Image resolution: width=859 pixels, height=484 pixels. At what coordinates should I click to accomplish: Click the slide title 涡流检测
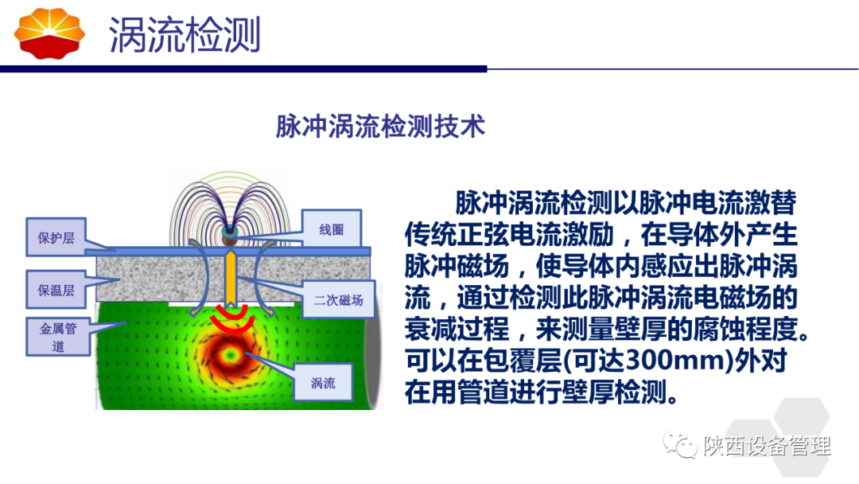185,35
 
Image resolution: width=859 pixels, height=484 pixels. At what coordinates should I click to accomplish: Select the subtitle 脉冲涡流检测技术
380,127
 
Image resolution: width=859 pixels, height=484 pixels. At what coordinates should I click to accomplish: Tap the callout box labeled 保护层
56,237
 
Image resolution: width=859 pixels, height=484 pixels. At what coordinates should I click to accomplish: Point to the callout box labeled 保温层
56,290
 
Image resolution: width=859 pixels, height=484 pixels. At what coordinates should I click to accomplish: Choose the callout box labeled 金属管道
58,337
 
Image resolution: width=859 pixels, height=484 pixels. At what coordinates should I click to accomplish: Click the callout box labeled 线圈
332,229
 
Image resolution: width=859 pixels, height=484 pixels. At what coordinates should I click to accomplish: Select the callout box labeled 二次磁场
339,300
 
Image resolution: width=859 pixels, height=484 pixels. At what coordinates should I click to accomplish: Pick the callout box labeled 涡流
323,383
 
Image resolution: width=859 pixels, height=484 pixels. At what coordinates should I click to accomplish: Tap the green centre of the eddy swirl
230,356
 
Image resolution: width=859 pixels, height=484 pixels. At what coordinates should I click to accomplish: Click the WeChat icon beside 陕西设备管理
679,444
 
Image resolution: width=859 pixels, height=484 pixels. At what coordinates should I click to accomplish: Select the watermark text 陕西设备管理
767,446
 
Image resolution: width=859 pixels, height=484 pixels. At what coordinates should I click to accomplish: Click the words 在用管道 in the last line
457,392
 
